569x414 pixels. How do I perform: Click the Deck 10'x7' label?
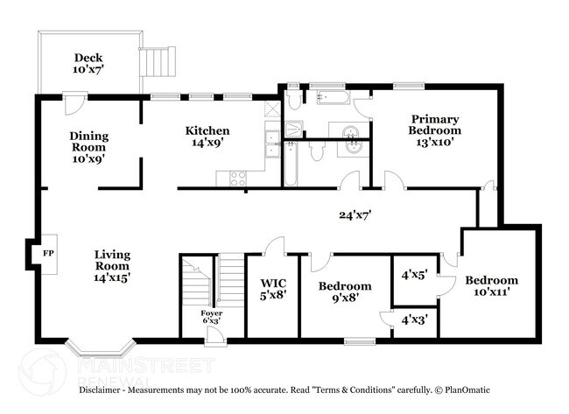tap(88, 63)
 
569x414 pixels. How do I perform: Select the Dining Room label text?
tap(88, 147)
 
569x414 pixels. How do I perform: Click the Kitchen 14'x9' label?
tap(207, 137)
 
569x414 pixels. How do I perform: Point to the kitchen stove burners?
tap(238, 178)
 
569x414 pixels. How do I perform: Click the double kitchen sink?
tap(272, 143)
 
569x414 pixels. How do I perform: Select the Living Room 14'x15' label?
tap(113, 264)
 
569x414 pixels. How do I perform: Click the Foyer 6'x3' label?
tap(211, 318)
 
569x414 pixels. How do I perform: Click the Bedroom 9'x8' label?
tap(344, 292)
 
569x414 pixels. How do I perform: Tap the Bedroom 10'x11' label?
tap(491, 286)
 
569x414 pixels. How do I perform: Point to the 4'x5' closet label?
tap(413, 274)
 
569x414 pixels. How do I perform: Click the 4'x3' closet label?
tap(413, 320)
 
